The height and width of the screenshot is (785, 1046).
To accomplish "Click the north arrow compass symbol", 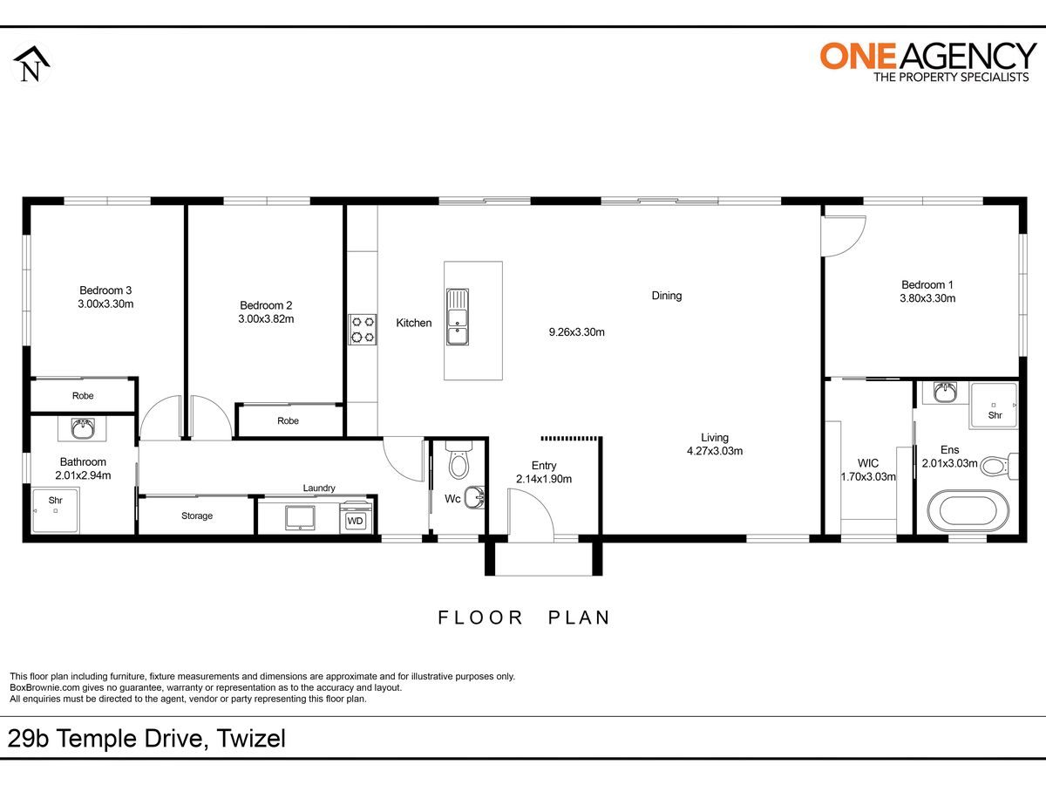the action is [31, 65].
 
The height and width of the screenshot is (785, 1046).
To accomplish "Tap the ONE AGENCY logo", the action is [927, 62].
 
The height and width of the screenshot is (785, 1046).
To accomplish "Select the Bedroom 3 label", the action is [105, 290].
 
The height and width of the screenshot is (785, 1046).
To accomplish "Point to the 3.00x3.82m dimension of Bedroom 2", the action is [266, 319].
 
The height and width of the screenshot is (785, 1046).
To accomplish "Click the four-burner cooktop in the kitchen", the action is [362, 330].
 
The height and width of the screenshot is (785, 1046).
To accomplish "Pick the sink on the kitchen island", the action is [458, 317].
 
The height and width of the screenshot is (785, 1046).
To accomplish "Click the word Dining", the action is [667, 296].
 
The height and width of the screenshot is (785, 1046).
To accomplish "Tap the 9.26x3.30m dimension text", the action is [577, 332].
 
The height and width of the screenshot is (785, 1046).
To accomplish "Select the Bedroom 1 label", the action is [927, 285].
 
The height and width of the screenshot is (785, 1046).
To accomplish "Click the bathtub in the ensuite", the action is [968, 511].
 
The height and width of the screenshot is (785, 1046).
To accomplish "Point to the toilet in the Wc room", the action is [458, 460].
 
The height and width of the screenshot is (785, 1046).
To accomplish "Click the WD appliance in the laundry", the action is [355, 517].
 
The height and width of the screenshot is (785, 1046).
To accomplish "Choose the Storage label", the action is [197, 515].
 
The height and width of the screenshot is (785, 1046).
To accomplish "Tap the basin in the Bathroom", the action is [83, 428].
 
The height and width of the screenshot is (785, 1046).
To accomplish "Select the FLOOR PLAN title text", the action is [524, 618].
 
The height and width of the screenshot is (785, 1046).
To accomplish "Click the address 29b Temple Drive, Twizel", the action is [146, 739].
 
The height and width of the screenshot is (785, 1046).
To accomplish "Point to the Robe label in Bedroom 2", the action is [288, 421].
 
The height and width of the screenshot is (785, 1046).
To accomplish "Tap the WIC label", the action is [868, 463].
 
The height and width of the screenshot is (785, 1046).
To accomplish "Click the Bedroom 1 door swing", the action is [843, 236].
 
